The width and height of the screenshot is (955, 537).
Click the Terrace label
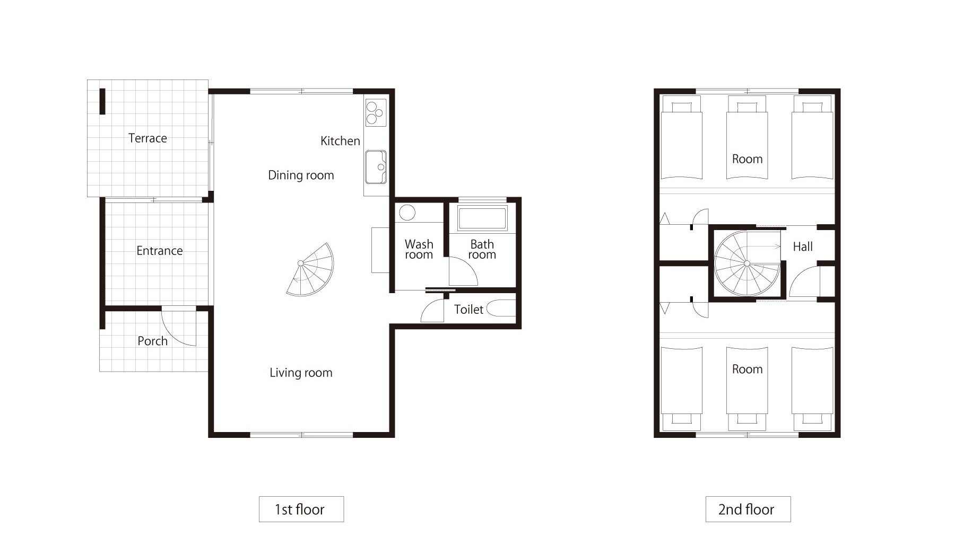click(x=147, y=138)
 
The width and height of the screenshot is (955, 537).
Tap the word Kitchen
click(x=340, y=141)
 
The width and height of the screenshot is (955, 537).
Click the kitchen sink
click(x=376, y=167)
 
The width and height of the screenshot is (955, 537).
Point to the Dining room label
click(x=301, y=175)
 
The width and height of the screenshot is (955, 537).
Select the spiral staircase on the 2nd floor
click(x=747, y=263)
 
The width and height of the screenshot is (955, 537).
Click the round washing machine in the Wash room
click(x=407, y=213)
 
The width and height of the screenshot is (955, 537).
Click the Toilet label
click(x=468, y=310)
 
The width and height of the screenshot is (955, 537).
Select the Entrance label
click(x=159, y=251)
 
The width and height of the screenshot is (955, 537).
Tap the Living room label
click(x=301, y=373)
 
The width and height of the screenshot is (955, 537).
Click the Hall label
click(x=803, y=247)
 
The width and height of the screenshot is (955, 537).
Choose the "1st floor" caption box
click(x=301, y=509)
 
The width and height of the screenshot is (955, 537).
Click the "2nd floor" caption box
click(x=748, y=509)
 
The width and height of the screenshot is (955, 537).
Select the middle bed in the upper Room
click(x=747, y=137)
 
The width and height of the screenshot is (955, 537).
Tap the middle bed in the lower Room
click(x=747, y=389)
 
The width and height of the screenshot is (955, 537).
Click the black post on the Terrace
click(x=102, y=101)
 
